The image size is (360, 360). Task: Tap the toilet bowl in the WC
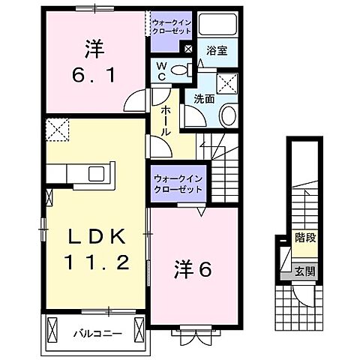point(180,71)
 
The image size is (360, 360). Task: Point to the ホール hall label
point(164,119)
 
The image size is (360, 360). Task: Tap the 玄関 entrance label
point(303,272)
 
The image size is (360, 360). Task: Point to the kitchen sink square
point(97,175)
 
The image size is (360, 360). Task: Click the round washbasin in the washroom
point(228,115)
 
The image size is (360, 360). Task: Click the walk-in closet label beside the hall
point(178,184)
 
